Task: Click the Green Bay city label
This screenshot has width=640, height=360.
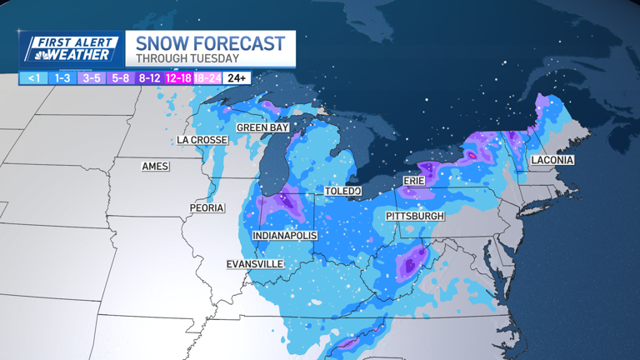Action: click(x=262, y=127)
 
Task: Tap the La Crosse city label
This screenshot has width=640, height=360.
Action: click(x=202, y=140)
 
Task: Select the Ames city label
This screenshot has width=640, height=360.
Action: click(x=155, y=167)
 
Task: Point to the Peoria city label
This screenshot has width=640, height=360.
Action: click(x=207, y=207)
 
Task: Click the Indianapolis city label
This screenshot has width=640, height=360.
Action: click(x=285, y=236)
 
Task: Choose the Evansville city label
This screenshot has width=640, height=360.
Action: click(x=255, y=264)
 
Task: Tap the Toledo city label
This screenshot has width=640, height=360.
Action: click(x=342, y=192)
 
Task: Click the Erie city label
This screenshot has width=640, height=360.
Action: click(x=414, y=181)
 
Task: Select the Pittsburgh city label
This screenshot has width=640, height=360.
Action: click(x=415, y=216)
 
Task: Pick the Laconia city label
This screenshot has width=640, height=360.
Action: click(x=552, y=160)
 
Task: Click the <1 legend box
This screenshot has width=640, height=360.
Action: click(x=33, y=78)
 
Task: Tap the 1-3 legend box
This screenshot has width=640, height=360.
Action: click(x=62, y=78)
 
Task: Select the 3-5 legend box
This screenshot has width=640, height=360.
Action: click(x=92, y=78)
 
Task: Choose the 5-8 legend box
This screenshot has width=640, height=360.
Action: click(x=121, y=78)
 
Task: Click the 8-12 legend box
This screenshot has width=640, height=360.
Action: click(x=150, y=78)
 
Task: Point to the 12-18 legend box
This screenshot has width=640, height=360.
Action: click(x=178, y=78)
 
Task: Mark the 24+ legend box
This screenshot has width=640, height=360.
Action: click(x=237, y=78)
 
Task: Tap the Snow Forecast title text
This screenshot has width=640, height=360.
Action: click(x=210, y=43)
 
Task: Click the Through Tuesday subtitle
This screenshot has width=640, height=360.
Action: click(x=187, y=59)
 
